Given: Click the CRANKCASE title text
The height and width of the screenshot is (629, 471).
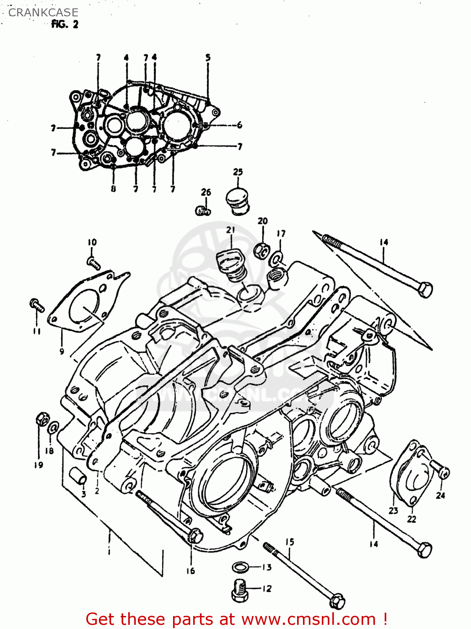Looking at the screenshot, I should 43,13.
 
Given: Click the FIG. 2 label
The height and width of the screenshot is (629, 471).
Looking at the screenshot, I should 65,25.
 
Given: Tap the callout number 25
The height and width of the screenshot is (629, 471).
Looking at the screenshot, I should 238,172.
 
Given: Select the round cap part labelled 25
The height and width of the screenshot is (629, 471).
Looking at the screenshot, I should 238,201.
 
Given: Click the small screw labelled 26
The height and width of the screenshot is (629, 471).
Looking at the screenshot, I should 203,211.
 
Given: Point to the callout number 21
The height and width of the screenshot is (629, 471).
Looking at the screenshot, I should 230,230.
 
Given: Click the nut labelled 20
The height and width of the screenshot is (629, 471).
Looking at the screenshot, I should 261,250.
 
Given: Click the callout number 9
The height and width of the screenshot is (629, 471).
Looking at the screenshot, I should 62,351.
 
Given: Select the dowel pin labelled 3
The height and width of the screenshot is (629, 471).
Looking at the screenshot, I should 78,477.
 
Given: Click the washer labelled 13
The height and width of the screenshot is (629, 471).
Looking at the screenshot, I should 240,567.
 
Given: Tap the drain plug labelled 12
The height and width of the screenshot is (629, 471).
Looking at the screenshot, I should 239,589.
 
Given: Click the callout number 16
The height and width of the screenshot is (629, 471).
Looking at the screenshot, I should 191,571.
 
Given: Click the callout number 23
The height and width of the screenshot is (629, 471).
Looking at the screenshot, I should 393,510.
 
